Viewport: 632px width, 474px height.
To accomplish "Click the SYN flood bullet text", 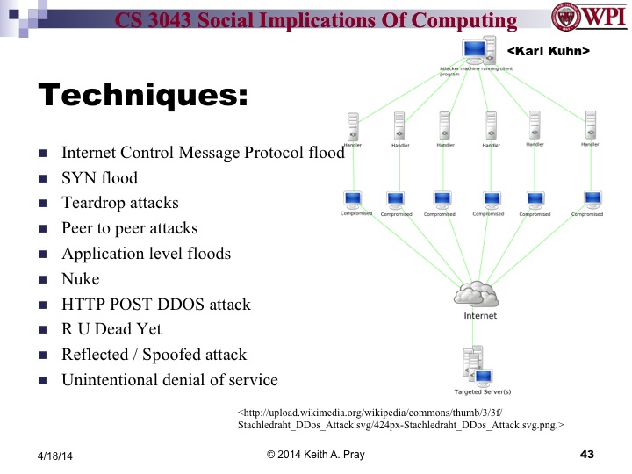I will pos(99,178).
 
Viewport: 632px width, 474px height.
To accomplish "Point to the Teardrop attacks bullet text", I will pos(119,203).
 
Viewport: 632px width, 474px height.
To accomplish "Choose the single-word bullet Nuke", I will pos(80,279).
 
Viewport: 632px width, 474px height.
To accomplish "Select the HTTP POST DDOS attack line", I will pos(155,305).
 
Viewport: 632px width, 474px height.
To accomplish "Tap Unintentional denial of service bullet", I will pos(169,380).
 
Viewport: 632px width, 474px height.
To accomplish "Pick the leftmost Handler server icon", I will pos(354,126).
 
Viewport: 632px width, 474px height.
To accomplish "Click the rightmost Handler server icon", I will pos(590,126).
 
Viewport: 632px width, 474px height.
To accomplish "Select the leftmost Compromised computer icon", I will pos(355,200).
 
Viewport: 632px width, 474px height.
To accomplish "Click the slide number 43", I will pos(587,454).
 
